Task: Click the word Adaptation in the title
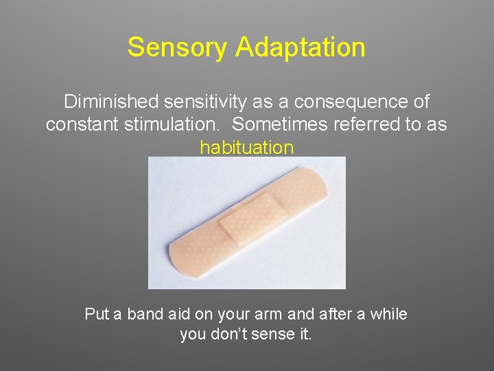tap(300, 47)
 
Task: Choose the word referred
tap(369, 124)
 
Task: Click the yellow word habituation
tap(246, 147)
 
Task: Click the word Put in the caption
tap(97, 314)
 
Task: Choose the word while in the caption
tap(388, 314)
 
